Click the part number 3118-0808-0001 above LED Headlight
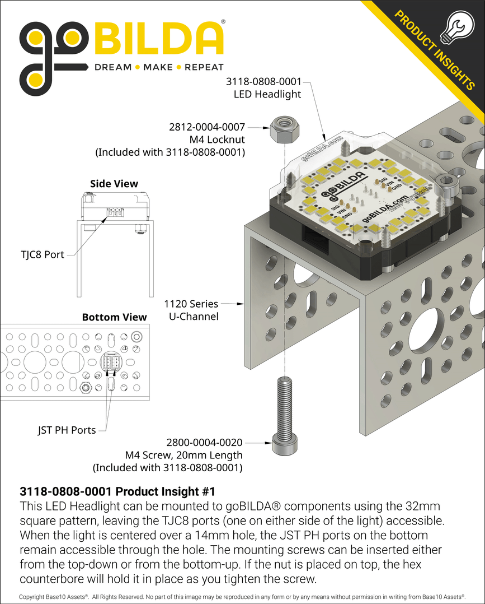click(x=263, y=82)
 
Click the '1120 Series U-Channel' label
click(x=191, y=310)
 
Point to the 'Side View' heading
click(x=114, y=184)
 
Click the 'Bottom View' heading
click(x=114, y=317)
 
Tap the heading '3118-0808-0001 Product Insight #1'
click(x=117, y=491)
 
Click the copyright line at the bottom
click(x=242, y=597)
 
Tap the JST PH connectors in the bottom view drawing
click(x=110, y=364)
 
